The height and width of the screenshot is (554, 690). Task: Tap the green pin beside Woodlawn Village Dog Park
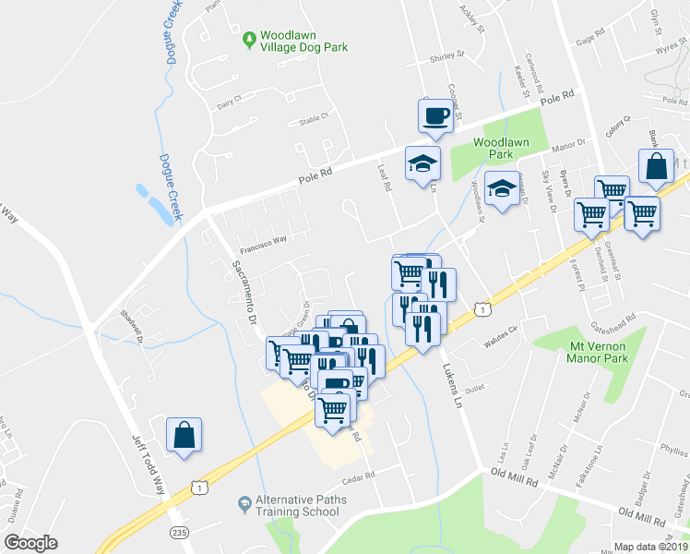[x=248, y=40]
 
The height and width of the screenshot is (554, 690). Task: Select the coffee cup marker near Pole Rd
[x=436, y=116]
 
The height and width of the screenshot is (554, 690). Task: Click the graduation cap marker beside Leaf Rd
[x=423, y=163]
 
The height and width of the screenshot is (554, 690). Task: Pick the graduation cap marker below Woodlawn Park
[x=500, y=188]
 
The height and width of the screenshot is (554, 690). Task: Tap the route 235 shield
[x=179, y=532]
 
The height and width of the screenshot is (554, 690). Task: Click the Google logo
[x=30, y=542]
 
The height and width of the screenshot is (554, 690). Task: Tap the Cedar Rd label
[x=358, y=476]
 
